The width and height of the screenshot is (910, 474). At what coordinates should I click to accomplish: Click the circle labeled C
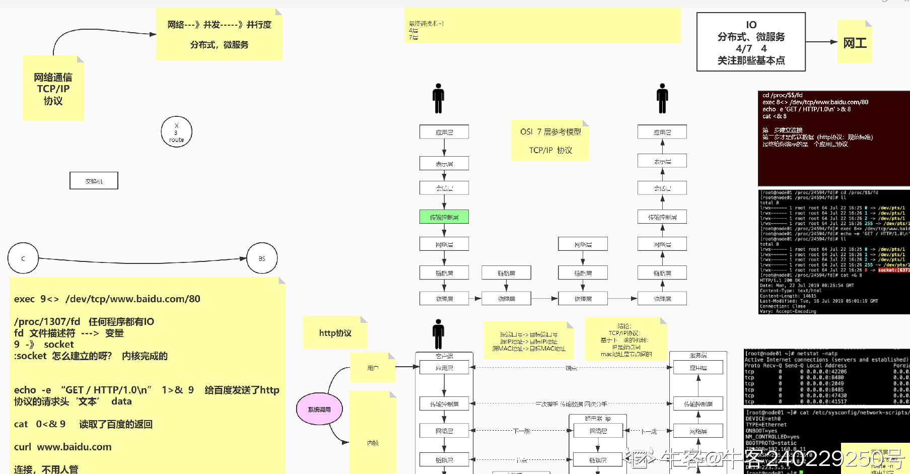coord(23,258)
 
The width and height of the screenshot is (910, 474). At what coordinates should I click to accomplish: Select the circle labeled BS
coord(262,258)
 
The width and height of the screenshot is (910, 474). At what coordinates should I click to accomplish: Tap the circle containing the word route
coord(176,132)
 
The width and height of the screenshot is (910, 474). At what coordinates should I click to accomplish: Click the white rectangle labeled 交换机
coord(94,181)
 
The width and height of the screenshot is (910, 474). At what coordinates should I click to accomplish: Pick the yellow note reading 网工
coord(855,43)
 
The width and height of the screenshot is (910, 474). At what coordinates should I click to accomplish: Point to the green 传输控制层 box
coord(444,217)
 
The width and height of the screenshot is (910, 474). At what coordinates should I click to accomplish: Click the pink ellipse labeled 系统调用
coord(319,409)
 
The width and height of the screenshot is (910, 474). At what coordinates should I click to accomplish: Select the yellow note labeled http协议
coord(335,333)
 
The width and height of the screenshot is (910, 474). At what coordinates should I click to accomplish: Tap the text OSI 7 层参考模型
coord(550,132)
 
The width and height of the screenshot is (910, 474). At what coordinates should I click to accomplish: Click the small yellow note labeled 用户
coord(373,368)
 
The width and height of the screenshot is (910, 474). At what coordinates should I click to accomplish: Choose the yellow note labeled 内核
coord(373,443)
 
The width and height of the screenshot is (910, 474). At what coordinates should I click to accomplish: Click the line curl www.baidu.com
coord(63,447)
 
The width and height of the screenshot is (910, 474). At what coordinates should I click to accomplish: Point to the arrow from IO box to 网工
coord(821,42)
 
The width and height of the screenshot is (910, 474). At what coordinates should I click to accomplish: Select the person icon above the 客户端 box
coord(439,334)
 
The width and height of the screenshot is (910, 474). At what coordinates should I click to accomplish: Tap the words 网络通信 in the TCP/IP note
coord(53,77)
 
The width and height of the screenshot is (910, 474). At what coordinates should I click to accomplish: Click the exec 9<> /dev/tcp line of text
coord(107,299)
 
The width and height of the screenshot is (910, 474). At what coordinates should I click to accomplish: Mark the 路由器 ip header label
coord(598,419)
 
